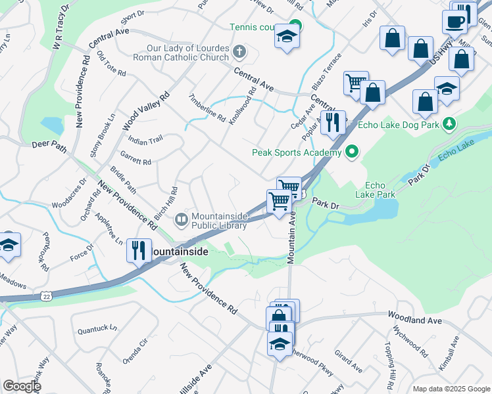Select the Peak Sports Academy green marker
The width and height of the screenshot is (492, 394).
[352, 152]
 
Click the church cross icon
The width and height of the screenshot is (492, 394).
[239, 51]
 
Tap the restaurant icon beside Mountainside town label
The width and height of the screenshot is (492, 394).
[138, 250]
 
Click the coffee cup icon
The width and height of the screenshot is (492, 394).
[455, 21]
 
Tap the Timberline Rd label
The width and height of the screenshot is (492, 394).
[207, 107]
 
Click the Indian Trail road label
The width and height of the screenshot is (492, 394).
[145, 140]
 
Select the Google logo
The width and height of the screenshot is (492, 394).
[22, 386]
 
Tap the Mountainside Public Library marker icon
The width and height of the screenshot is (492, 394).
[181, 219]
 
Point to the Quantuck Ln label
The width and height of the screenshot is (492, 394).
[97, 327]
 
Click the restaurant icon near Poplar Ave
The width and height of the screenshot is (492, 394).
[333, 121]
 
